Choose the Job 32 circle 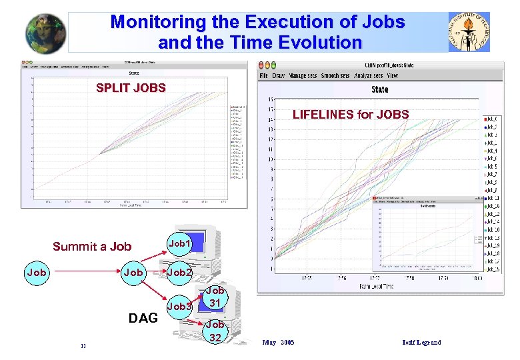(x=215, y=331)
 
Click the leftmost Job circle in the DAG (x=36, y=273)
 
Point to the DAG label (x=143, y=318)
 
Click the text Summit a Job (x=92, y=247)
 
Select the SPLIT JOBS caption (x=131, y=87)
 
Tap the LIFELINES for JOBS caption (x=351, y=114)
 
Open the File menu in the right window (x=263, y=76)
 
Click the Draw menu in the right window (x=279, y=76)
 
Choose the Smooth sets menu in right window (x=335, y=76)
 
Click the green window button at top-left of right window (x=273, y=65)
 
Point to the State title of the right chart (x=380, y=89)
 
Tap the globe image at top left (x=46, y=33)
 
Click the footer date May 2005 (x=279, y=343)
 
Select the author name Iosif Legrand (x=422, y=343)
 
